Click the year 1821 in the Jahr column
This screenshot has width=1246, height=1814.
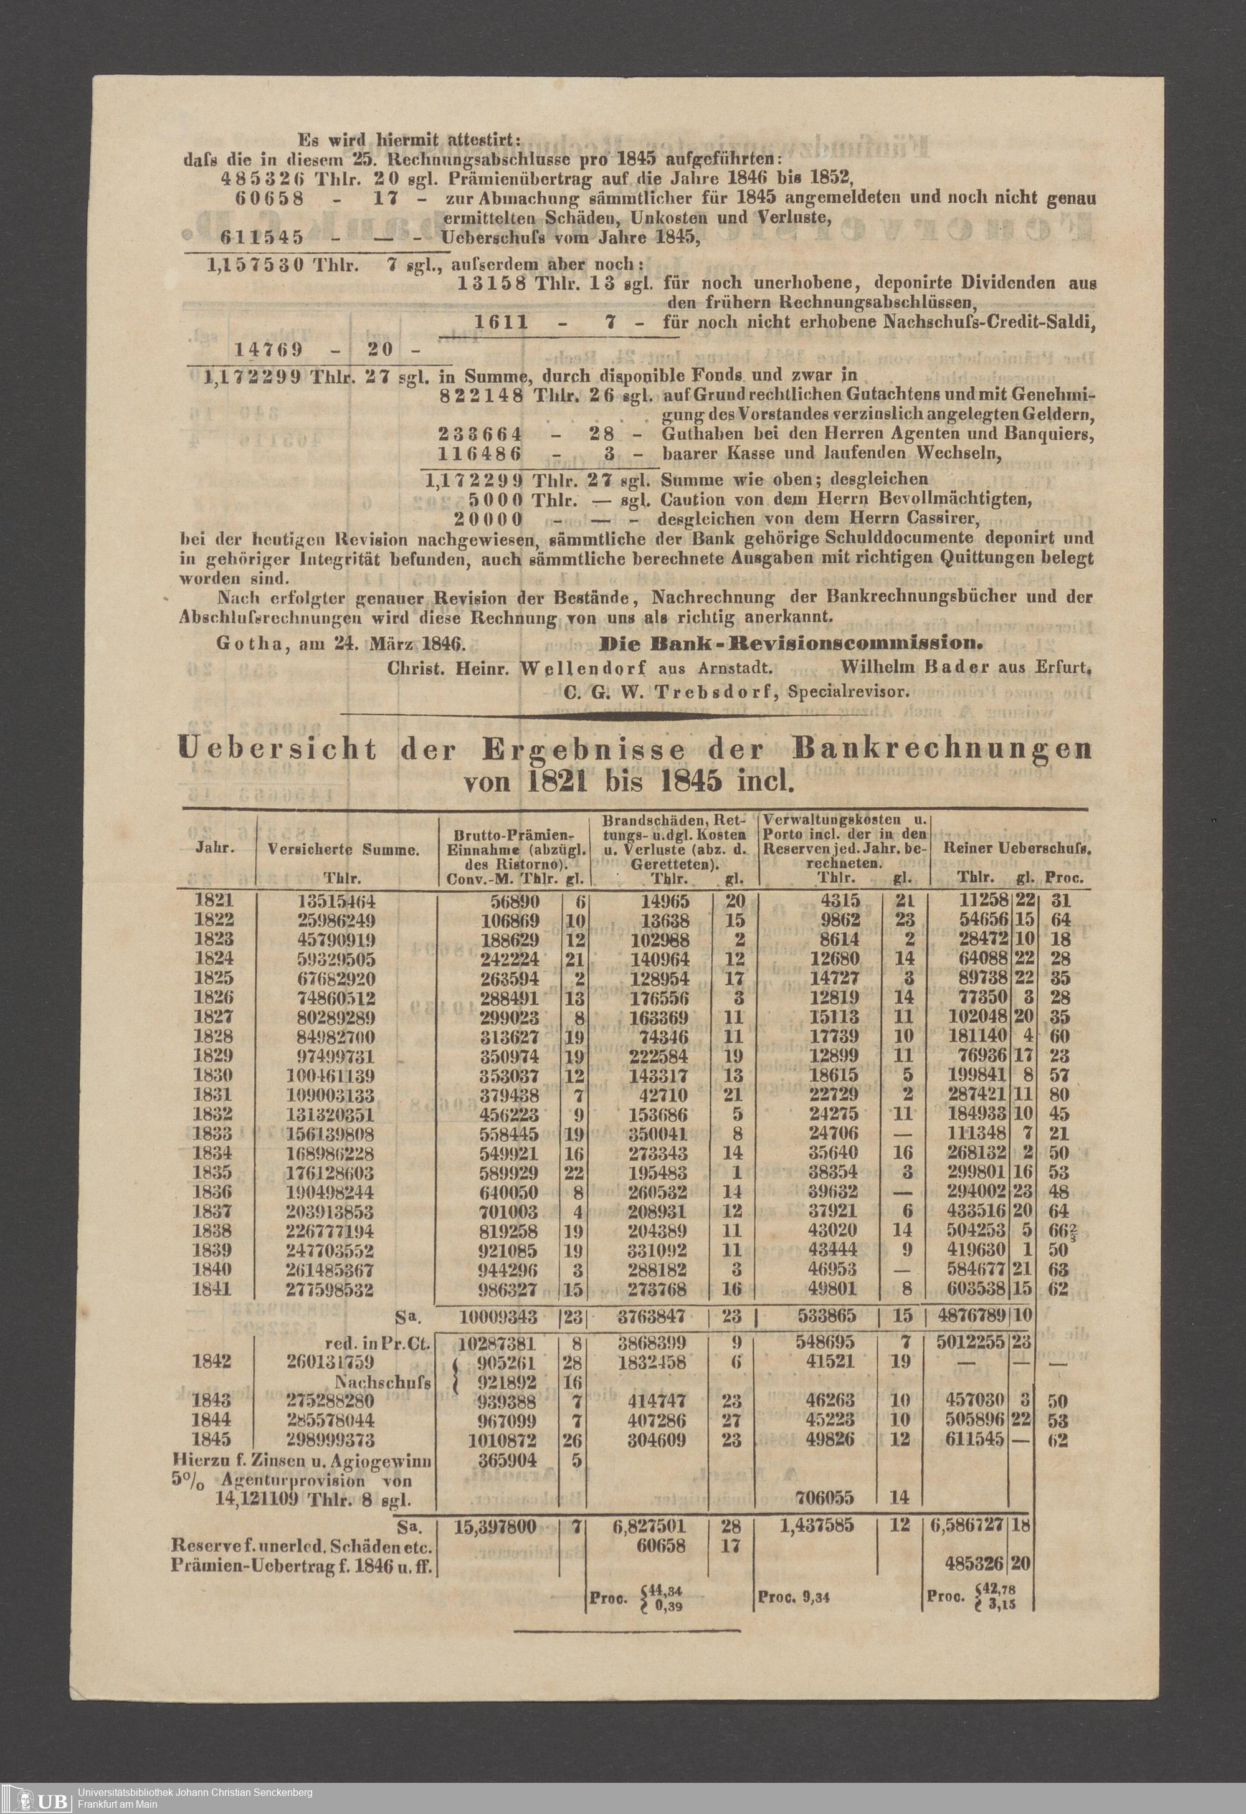(212, 900)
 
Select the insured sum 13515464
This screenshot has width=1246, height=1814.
(336, 901)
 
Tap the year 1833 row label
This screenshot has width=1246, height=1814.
(212, 1133)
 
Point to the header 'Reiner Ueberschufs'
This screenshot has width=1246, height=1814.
(1017, 847)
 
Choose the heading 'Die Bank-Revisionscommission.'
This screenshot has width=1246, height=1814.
(789, 644)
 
